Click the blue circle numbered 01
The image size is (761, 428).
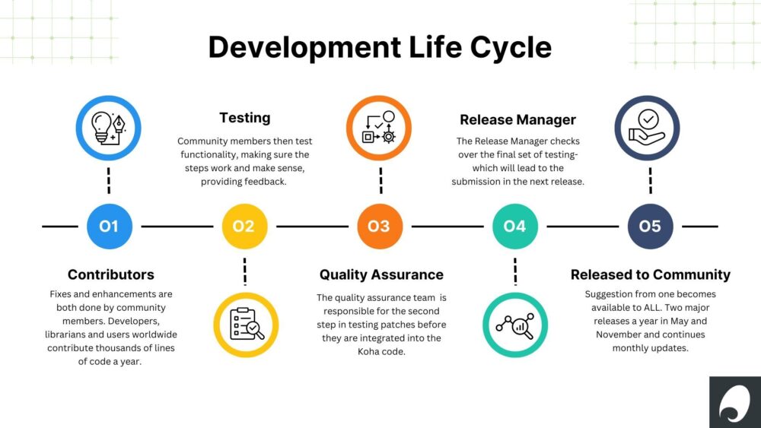pyautogui.click(x=109, y=227)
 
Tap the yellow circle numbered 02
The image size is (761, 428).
pyautogui.click(x=244, y=227)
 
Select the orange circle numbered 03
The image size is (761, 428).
pyautogui.click(x=380, y=227)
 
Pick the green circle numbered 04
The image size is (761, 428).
pyautogui.click(x=515, y=227)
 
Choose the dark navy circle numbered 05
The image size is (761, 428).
pyautogui.click(x=651, y=227)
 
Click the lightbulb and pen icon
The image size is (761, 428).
pyautogui.click(x=108, y=128)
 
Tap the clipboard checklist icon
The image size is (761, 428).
pyautogui.click(x=247, y=325)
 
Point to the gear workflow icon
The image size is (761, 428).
pyautogui.click(x=378, y=127)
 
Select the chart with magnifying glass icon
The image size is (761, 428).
pyautogui.click(x=515, y=325)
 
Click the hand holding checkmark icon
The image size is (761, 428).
pyautogui.click(x=647, y=127)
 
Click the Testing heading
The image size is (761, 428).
pyautogui.click(x=244, y=118)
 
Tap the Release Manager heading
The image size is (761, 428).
pyautogui.click(x=517, y=119)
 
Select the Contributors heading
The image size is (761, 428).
pyautogui.click(x=110, y=274)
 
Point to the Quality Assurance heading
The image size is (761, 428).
pyautogui.click(x=381, y=275)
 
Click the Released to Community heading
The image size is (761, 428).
pyautogui.click(x=651, y=275)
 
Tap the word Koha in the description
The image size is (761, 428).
pyautogui.click(x=368, y=351)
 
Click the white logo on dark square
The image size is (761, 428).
pyautogui.click(x=734, y=402)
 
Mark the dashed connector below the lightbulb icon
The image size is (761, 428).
pyautogui.click(x=109, y=181)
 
